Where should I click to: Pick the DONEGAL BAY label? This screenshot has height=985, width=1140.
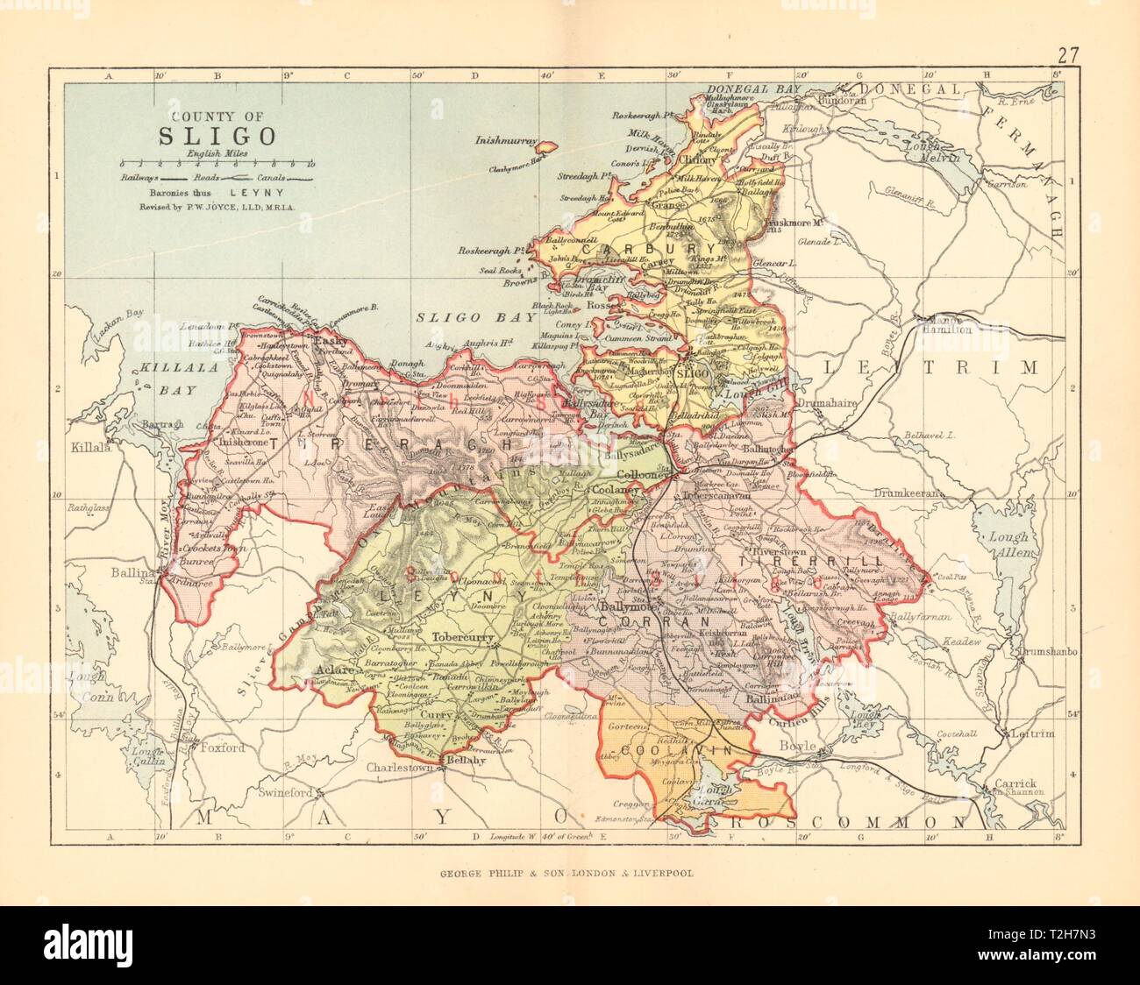pos(749,90)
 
